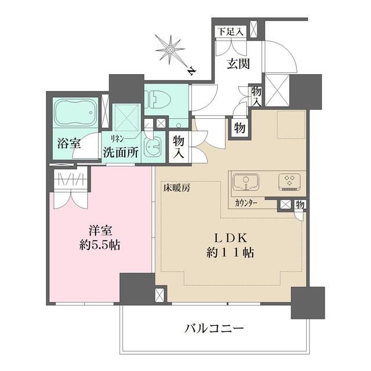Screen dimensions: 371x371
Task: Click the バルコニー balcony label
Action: [214, 329]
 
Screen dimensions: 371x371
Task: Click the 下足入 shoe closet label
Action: [230, 31]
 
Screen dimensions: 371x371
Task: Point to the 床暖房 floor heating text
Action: [175, 187]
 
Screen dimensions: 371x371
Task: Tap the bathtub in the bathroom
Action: [77, 113]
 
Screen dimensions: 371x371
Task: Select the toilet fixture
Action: [157, 101]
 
